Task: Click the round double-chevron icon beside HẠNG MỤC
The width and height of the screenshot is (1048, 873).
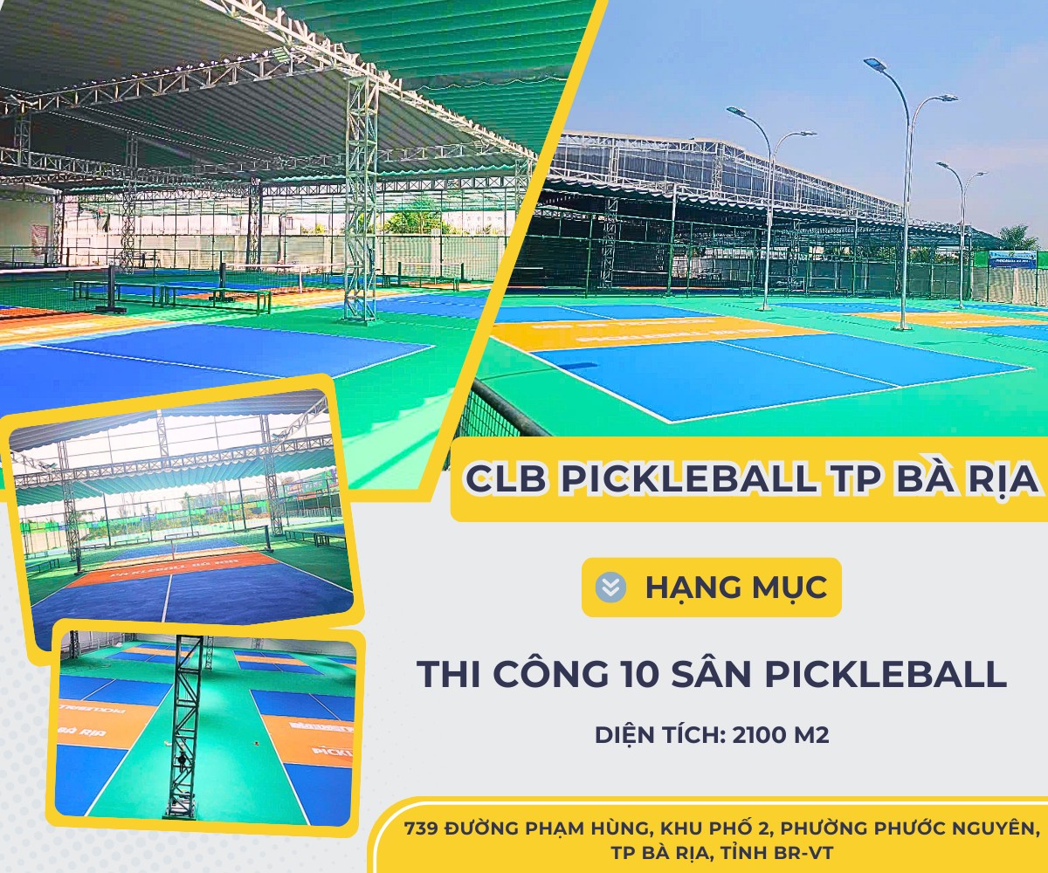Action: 611,587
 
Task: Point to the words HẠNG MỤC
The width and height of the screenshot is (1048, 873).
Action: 735,587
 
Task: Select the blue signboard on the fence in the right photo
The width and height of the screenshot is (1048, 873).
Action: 1012,259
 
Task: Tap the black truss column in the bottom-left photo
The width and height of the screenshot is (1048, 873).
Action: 183,725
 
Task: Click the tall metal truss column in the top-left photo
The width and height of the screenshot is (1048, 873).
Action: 360,201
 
